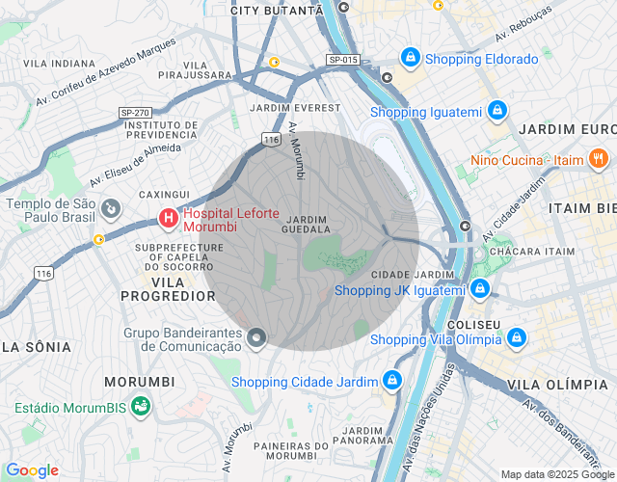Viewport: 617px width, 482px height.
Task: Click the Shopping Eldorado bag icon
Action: point(412,59)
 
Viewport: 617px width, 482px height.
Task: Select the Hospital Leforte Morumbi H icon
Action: point(169,220)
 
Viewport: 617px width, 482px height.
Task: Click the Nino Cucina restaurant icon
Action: point(599,158)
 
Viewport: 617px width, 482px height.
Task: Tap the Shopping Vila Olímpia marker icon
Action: point(517,338)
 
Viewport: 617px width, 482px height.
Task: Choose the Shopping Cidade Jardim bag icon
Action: point(391,381)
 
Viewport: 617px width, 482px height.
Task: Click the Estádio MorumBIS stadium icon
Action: point(141,406)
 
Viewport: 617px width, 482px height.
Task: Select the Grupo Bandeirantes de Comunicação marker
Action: point(256,337)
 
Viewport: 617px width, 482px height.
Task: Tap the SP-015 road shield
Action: point(342,60)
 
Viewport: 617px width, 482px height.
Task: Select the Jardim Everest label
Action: point(294,107)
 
